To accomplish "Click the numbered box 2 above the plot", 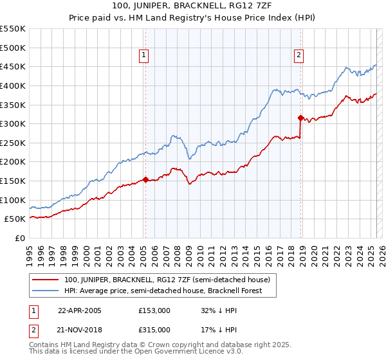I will pyautogui.click(x=299, y=56).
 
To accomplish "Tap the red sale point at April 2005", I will pyautogui.click(x=145, y=180).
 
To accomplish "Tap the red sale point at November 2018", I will pyautogui.click(x=300, y=118).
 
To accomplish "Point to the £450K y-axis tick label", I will pyautogui.click(x=13, y=66).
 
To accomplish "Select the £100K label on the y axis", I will pyautogui.click(x=13, y=200).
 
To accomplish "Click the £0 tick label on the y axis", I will pyautogui.click(x=19, y=238).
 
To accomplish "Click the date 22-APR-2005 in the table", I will pyautogui.click(x=80, y=310).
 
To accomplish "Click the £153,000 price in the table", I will pyautogui.click(x=154, y=310).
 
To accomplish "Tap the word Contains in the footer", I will pyautogui.click(x=45, y=345).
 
